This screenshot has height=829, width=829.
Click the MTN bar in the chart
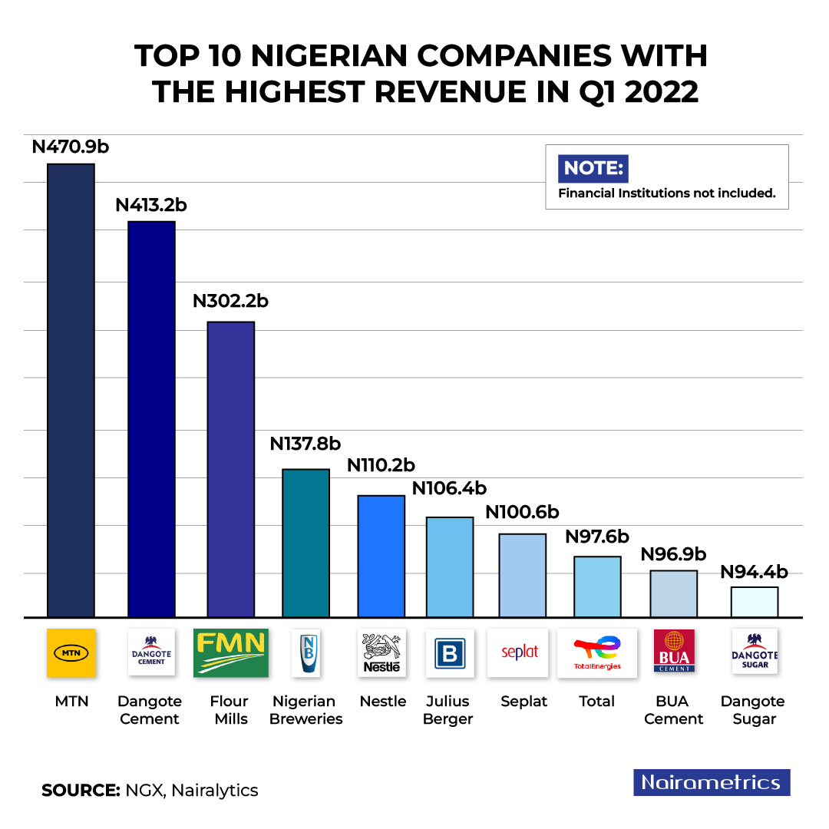click(71, 390)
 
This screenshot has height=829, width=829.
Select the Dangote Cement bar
click(151, 418)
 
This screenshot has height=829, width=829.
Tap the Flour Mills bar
click(231, 469)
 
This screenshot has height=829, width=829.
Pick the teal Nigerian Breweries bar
click(306, 543)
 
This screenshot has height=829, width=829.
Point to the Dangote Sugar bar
click(755, 602)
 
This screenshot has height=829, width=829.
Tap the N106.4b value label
click(449, 488)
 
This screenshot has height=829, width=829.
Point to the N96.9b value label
click(673, 553)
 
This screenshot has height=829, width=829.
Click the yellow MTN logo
click(71, 652)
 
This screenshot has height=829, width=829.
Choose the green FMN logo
click(230, 652)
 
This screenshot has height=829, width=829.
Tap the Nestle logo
click(381, 652)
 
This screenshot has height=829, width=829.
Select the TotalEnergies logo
click(596, 652)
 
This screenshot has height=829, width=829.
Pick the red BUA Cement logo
click(673, 651)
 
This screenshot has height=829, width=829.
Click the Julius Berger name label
click(448, 710)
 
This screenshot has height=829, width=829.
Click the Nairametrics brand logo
click(712, 782)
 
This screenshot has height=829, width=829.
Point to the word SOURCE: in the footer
click(81, 790)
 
